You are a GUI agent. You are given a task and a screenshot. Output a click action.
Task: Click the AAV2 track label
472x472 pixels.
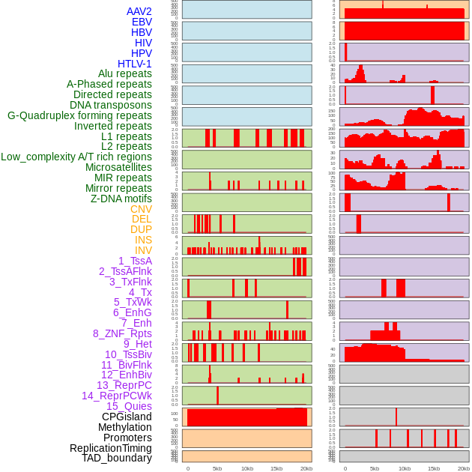[x=139, y=11]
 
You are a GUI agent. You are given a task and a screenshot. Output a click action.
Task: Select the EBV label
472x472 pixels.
[x=142, y=22]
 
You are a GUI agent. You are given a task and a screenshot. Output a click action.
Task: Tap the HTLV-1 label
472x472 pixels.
[x=135, y=64]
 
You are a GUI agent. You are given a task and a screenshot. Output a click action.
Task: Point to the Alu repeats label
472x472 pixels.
[x=125, y=73]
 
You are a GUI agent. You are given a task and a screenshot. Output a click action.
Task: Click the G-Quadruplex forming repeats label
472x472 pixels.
[x=79, y=115]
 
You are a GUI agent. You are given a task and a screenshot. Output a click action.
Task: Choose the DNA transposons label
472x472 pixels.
[x=111, y=105]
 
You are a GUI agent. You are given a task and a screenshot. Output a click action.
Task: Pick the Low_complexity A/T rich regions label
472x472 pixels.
[x=76, y=157]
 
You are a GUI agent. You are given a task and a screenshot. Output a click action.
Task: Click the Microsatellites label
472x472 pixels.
[x=118, y=167]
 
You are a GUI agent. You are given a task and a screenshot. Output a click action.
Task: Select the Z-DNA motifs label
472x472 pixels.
[x=121, y=199]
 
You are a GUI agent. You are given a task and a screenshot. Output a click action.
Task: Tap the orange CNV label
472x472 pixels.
[x=141, y=209]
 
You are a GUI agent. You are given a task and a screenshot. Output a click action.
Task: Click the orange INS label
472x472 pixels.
[x=143, y=240]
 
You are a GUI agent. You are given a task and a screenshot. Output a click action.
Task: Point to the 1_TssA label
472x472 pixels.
[x=135, y=261]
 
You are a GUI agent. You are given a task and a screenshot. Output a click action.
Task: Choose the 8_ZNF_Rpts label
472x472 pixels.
[x=122, y=333]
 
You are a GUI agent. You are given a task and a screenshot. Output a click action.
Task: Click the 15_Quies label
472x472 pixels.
[x=129, y=406]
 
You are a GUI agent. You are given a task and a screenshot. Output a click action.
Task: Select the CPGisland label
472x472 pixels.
[x=127, y=417]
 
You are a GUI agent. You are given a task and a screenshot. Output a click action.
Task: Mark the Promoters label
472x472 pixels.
[x=127, y=438]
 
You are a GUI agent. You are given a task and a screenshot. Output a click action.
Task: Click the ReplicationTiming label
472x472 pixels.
[x=111, y=448]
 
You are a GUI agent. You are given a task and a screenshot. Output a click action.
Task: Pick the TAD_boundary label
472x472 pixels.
[x=117, y=458]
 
